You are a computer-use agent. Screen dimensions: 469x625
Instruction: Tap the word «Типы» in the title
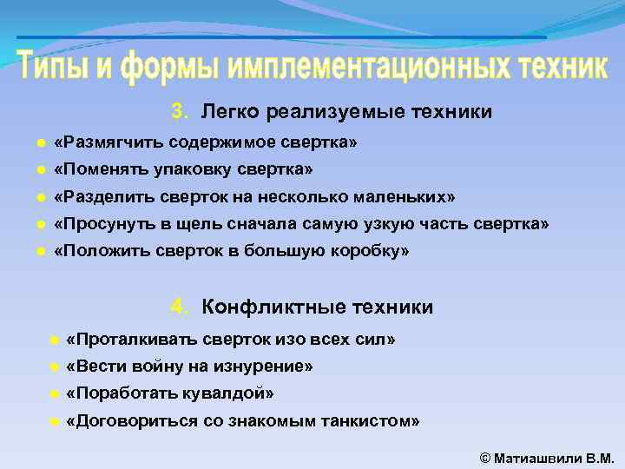pyautogui.click(x=51, y=66)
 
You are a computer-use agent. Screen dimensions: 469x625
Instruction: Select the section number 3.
pyautogui.click(x=178, y=111)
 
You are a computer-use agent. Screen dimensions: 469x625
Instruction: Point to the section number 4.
pyautogui.click(x=178, y=307)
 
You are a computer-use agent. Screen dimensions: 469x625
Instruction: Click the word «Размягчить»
pyautogui.click(x=109, y=142)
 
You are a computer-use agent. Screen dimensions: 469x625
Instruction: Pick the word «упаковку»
pyautogui.click(x=190, y=168)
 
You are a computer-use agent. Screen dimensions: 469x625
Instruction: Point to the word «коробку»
pyautogui.click(x=369, y=251)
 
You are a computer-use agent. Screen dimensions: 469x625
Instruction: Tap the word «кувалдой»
pyautogui.click(x=227, y=393)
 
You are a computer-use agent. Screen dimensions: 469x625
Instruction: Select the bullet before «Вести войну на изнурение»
pyautogui.click(x=53, y=367)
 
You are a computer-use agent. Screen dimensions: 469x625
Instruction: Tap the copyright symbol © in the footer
pyautogui.click(x=484, y=457)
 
